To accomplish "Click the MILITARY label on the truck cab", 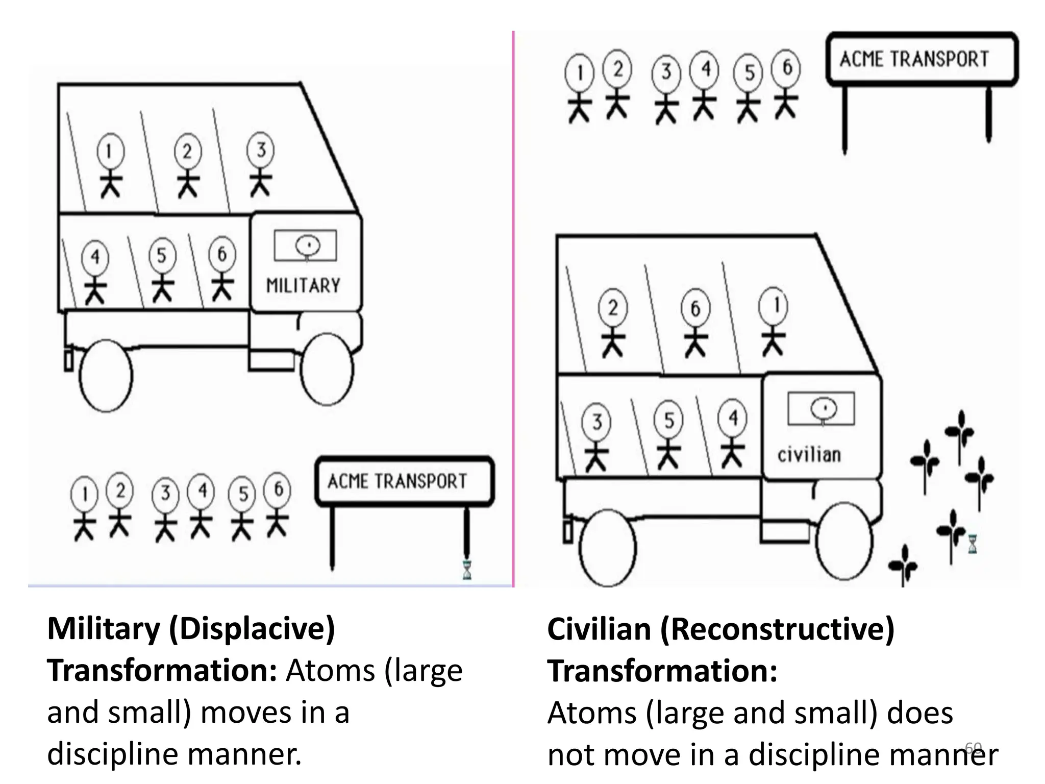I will click(x=303, y=285).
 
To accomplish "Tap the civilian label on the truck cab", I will click(x=809, y=454).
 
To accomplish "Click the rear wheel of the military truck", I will click(x=106, y=376).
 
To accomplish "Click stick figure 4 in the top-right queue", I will click(x=705, y=84).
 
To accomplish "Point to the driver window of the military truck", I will click(x=306, y=246).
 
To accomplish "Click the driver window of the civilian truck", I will click(x=821, y=408).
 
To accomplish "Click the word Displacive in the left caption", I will click(x=252, y=629).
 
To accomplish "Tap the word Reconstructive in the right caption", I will click(x=777, y=629).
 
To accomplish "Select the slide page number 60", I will click(x=974, y=747).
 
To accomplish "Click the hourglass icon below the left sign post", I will click(x=467, y=570).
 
